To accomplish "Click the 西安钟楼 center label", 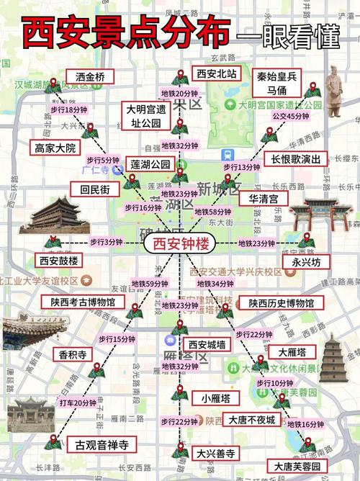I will click(176, 244).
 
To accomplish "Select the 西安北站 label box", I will click(217, 73).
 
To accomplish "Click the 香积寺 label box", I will click(71, 354).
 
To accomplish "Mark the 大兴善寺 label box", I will click(216, 453).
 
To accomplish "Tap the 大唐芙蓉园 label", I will click(297, 467).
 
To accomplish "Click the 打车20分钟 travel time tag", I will click(78, 403).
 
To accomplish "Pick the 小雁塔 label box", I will click(216, 397).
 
